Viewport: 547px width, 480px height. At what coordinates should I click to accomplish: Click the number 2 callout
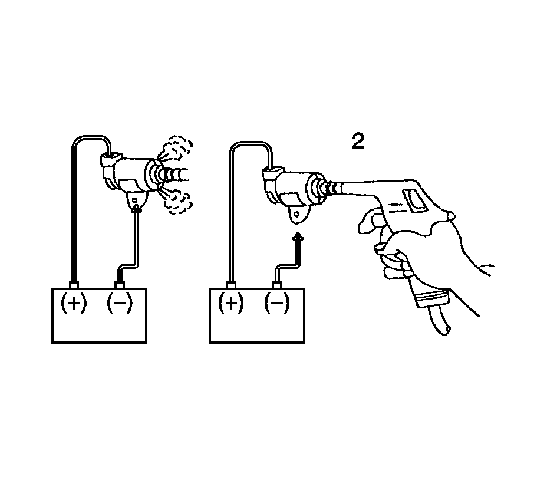(x=358, y=142)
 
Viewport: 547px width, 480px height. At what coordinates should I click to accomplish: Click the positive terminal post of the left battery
(x=74, y=285)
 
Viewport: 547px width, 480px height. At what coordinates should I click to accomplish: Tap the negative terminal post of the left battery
(x=120, y=285)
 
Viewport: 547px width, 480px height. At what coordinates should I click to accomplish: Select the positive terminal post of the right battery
(x=231, y=285)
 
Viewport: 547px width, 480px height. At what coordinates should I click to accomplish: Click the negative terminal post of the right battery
(x=277, y=285)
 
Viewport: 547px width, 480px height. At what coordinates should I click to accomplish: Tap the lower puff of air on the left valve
(x=177, y=200)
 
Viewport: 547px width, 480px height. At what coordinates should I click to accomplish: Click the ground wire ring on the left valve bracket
(x=137, y=207)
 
